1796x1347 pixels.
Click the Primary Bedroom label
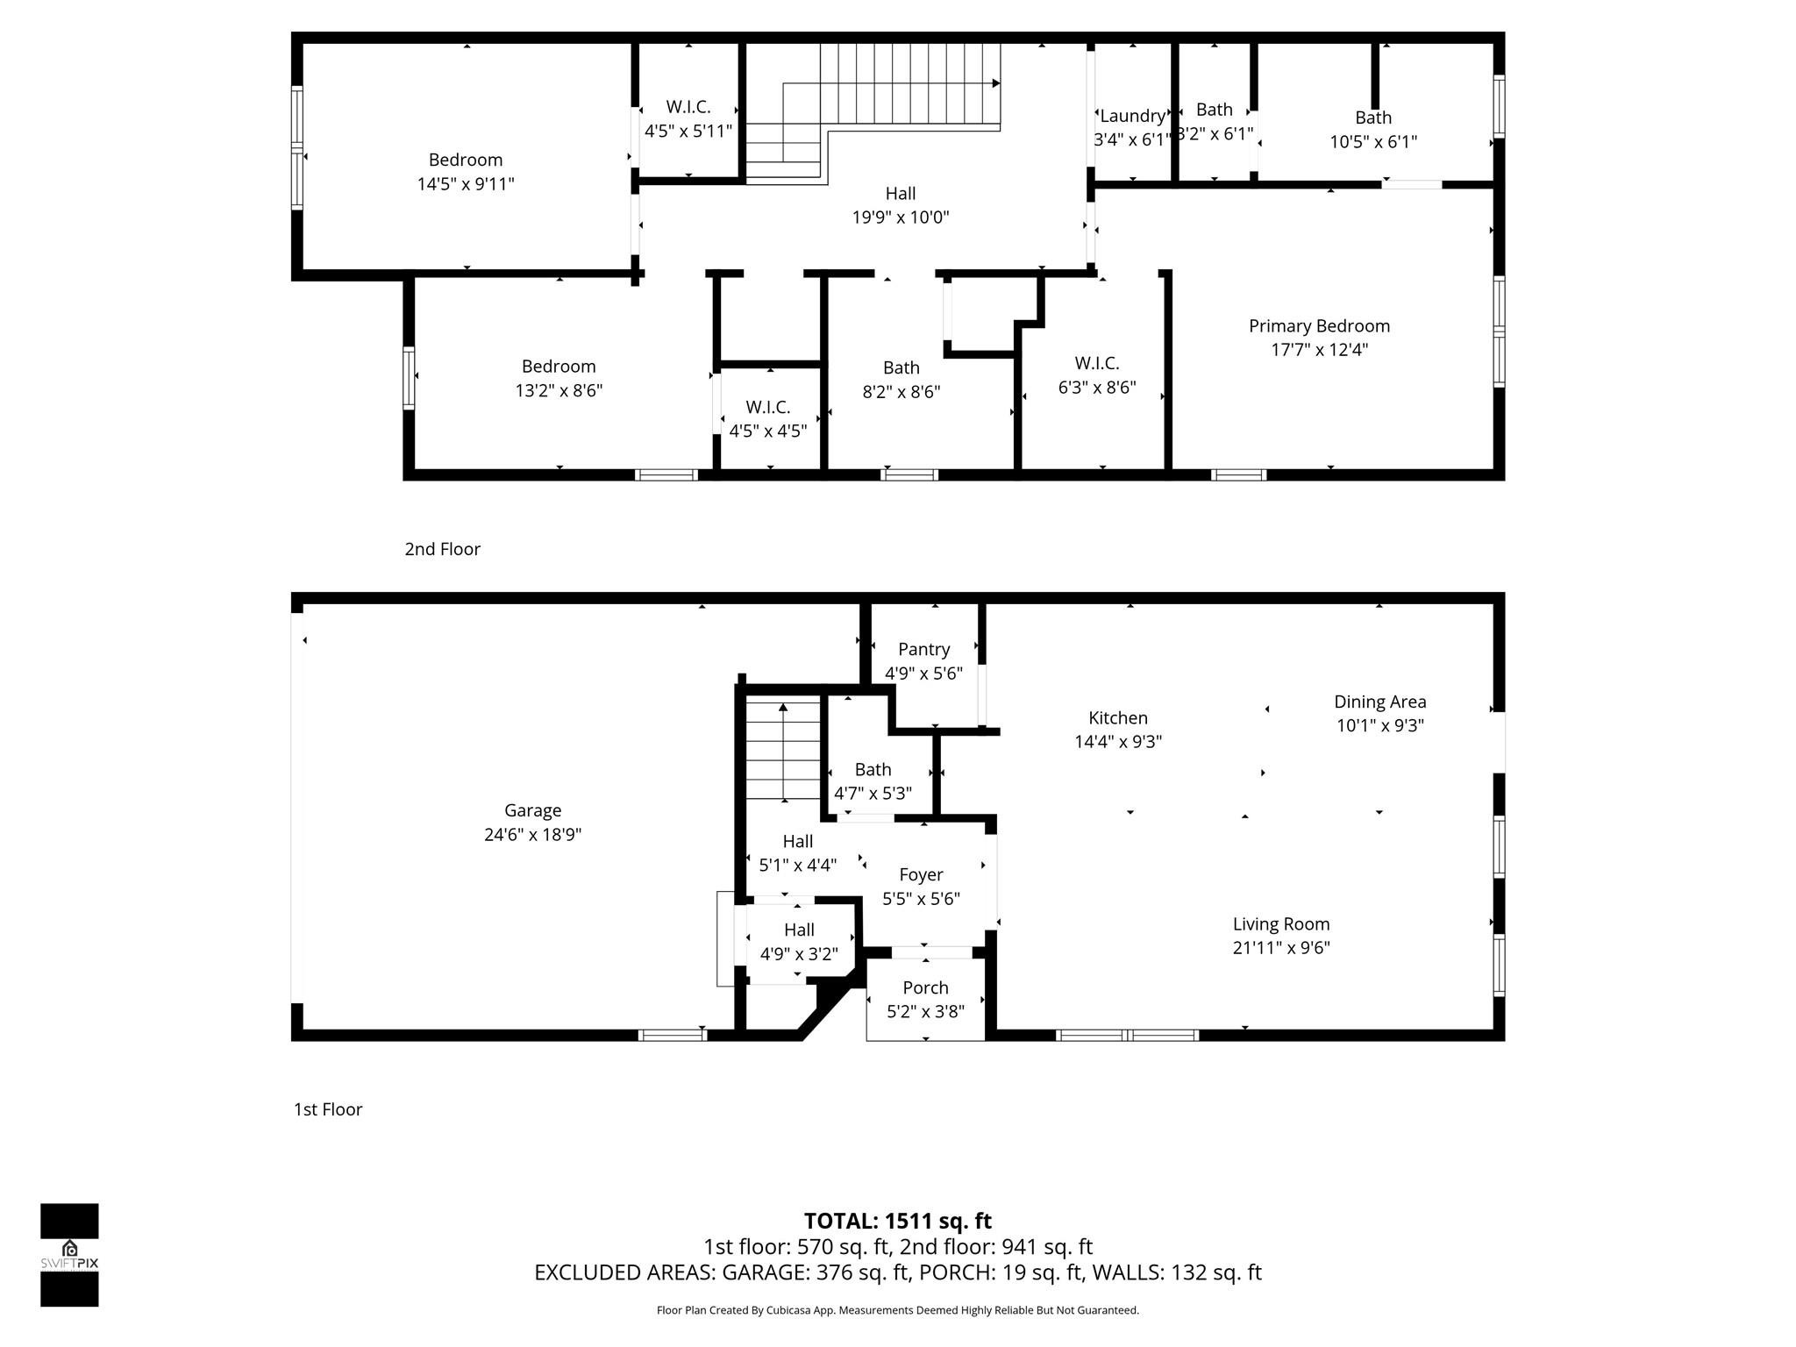click(x=1319, y=326)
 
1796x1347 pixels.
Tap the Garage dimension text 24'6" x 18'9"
click(x=532, y=834)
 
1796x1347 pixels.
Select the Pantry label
click(x=923, y=649)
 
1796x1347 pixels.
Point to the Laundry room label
click(x=1132, y=116)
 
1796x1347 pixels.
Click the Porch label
click(x=925, y=987)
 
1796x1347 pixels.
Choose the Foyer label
click(x=921, y=874)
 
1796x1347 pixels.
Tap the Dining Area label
click(x=1379, y=702)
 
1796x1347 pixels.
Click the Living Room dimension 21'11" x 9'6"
click(x=1280, y=947)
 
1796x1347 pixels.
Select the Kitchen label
click(x=1117, y=717)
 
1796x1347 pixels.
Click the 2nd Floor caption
click(x=442, y=549)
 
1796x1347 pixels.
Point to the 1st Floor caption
click(x=327, y=1109)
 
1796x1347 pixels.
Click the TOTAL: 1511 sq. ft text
click(x=897, y=1221)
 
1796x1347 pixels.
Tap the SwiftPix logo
click(x=69, y=1254)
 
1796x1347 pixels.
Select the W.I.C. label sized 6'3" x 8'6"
click(x=1096, y=363)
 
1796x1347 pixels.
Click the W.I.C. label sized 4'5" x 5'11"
click(x=688, y=107)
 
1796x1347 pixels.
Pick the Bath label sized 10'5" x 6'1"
click(x=1372, y=118)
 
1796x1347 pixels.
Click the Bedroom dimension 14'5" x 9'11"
click(x=465, y=184)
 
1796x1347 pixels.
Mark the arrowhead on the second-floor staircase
click(x=996, y=83)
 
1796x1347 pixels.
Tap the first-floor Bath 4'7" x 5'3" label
click(x=873, y=769)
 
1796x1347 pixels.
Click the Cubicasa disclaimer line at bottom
click(x=897, y=1310)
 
